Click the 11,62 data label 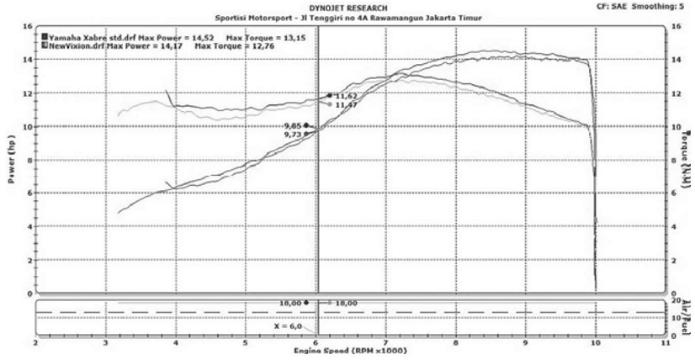click(346, 97)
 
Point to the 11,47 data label click(346, 105)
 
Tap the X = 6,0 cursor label click(288, 325)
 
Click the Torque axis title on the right click(685, 159)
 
